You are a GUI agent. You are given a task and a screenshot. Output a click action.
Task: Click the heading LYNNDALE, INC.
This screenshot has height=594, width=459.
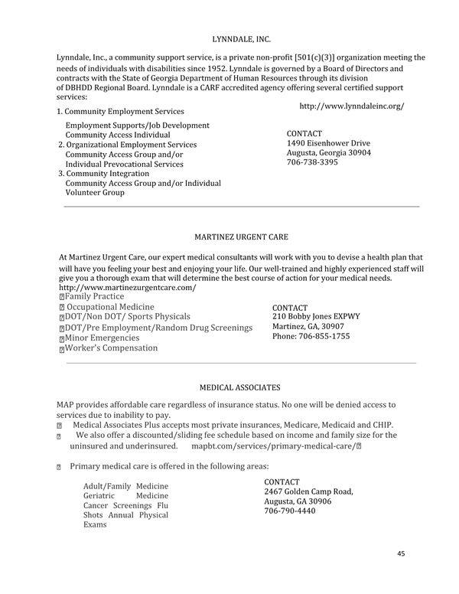241,38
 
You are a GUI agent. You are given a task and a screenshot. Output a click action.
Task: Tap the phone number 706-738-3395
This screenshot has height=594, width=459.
312,163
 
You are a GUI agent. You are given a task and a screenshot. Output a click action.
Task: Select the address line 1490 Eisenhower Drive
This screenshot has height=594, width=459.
328,143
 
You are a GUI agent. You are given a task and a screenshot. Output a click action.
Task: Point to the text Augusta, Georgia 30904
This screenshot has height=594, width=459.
329,153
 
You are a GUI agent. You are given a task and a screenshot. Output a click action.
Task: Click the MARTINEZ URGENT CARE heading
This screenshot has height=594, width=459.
241,237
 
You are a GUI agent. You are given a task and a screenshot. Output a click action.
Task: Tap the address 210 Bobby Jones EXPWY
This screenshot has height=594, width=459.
316,317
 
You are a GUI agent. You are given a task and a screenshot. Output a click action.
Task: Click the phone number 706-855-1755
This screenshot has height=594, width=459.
311,337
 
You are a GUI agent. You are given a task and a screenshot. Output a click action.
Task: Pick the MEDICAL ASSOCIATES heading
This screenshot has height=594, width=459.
239,388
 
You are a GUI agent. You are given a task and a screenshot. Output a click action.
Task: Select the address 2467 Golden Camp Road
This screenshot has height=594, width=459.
308,491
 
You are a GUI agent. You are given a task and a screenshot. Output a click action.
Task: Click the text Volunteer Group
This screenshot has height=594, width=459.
95,193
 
